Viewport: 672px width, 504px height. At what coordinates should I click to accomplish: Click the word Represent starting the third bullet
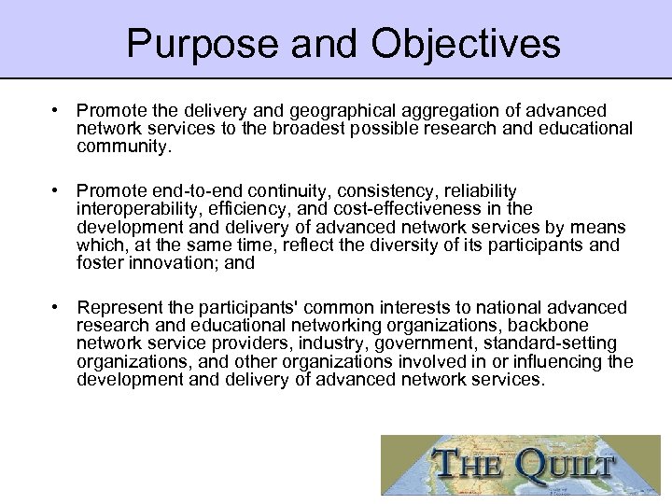coord(119,307)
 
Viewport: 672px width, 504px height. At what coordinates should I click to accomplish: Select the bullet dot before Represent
coord(57,307)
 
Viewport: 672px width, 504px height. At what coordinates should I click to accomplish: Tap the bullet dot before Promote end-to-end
coord(57,190)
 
